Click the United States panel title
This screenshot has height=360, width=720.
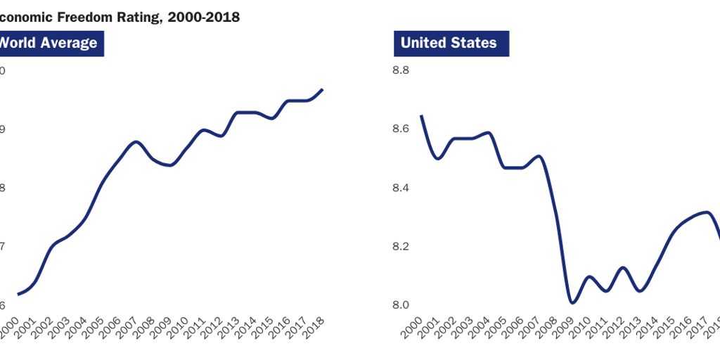click(x=449, y=43)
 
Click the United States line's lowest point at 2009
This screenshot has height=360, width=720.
click(x=572, y=303)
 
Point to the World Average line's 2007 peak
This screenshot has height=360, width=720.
click(x=136, y=142)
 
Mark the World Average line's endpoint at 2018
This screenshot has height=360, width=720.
click(x=322, y=89)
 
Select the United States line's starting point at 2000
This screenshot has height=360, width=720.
click(x=421, y=116)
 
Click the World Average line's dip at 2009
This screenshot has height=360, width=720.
click(x=169, y=165)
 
